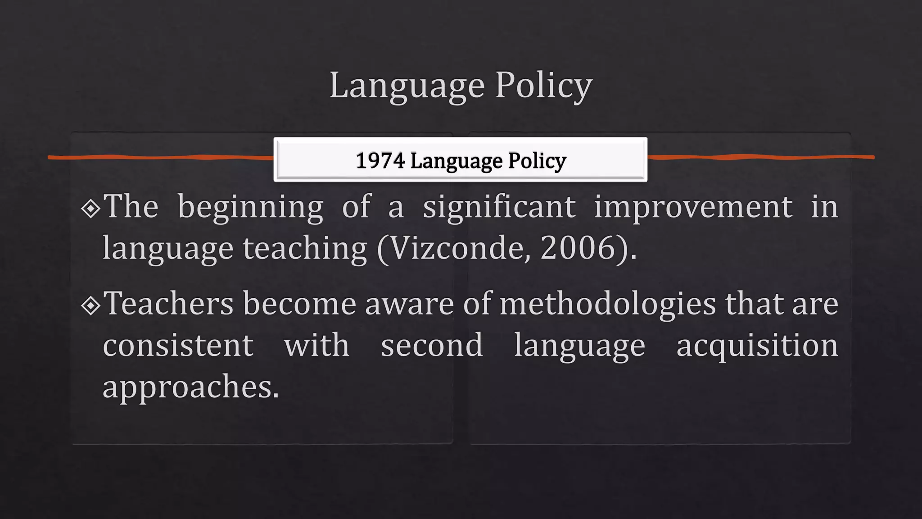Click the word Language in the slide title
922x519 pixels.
pyautogui.click(x=407, y=85)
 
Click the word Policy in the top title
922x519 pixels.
pyautogui.click(x=544, y=85)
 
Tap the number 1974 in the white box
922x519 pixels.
pyautogui.click(x=380, y=160)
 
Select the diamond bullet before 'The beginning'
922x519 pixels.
pyautogui.click(x=91, y=208)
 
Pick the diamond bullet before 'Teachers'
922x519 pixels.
pyautogui.click(x=91, y=305)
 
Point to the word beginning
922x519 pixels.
pyautogui.click(x=250, y=207)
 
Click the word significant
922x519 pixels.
pyautogui.click(x=499, y=207)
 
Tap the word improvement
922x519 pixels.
pyautogui.click(x=693, y=207)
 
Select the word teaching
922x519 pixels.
pyautogui.click(x=305, y=248)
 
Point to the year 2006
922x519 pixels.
pyautogui.click(x=578, y=248)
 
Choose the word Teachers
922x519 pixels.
pyautogui.click(x=168, y=303)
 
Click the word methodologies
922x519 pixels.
pyautogui.click(x=607, y=304)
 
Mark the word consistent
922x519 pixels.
pyautogui.click(x=178, y=346)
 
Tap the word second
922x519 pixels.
pyautogui.click(x=432, y=346)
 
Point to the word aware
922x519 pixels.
pyautogui.click(x=409, y=304)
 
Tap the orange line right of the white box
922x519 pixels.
pyautogui.click(x=761, y=157)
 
